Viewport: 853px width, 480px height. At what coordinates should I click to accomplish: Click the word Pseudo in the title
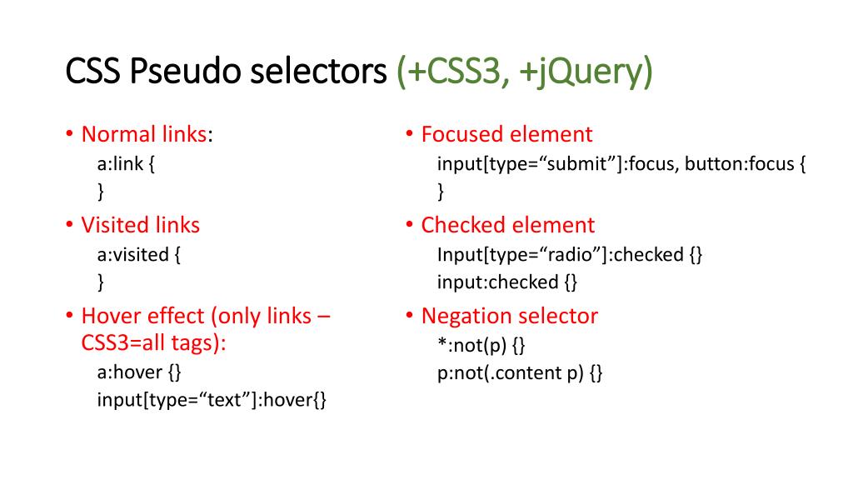[173, 72]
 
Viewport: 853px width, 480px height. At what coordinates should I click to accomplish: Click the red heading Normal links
[143, 134]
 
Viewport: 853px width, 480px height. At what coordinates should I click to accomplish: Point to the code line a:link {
[127, 163]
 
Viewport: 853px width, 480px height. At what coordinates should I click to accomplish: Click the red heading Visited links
[140, 225]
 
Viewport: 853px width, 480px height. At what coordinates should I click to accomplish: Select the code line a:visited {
[139, 254]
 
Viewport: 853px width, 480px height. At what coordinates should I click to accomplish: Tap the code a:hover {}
[139, 372]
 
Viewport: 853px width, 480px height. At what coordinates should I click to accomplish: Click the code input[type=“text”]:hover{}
[212, 401]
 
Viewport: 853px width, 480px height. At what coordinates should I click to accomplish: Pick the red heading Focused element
[506, 134]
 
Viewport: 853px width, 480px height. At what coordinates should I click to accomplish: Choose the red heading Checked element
[507, 225]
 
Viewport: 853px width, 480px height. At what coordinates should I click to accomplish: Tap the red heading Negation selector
[509, 316]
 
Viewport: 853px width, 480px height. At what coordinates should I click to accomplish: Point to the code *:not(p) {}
[481, 344]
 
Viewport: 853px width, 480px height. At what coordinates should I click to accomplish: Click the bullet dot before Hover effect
[70, 317]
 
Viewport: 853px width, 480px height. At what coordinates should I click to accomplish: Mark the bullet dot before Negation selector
[410, 317]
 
